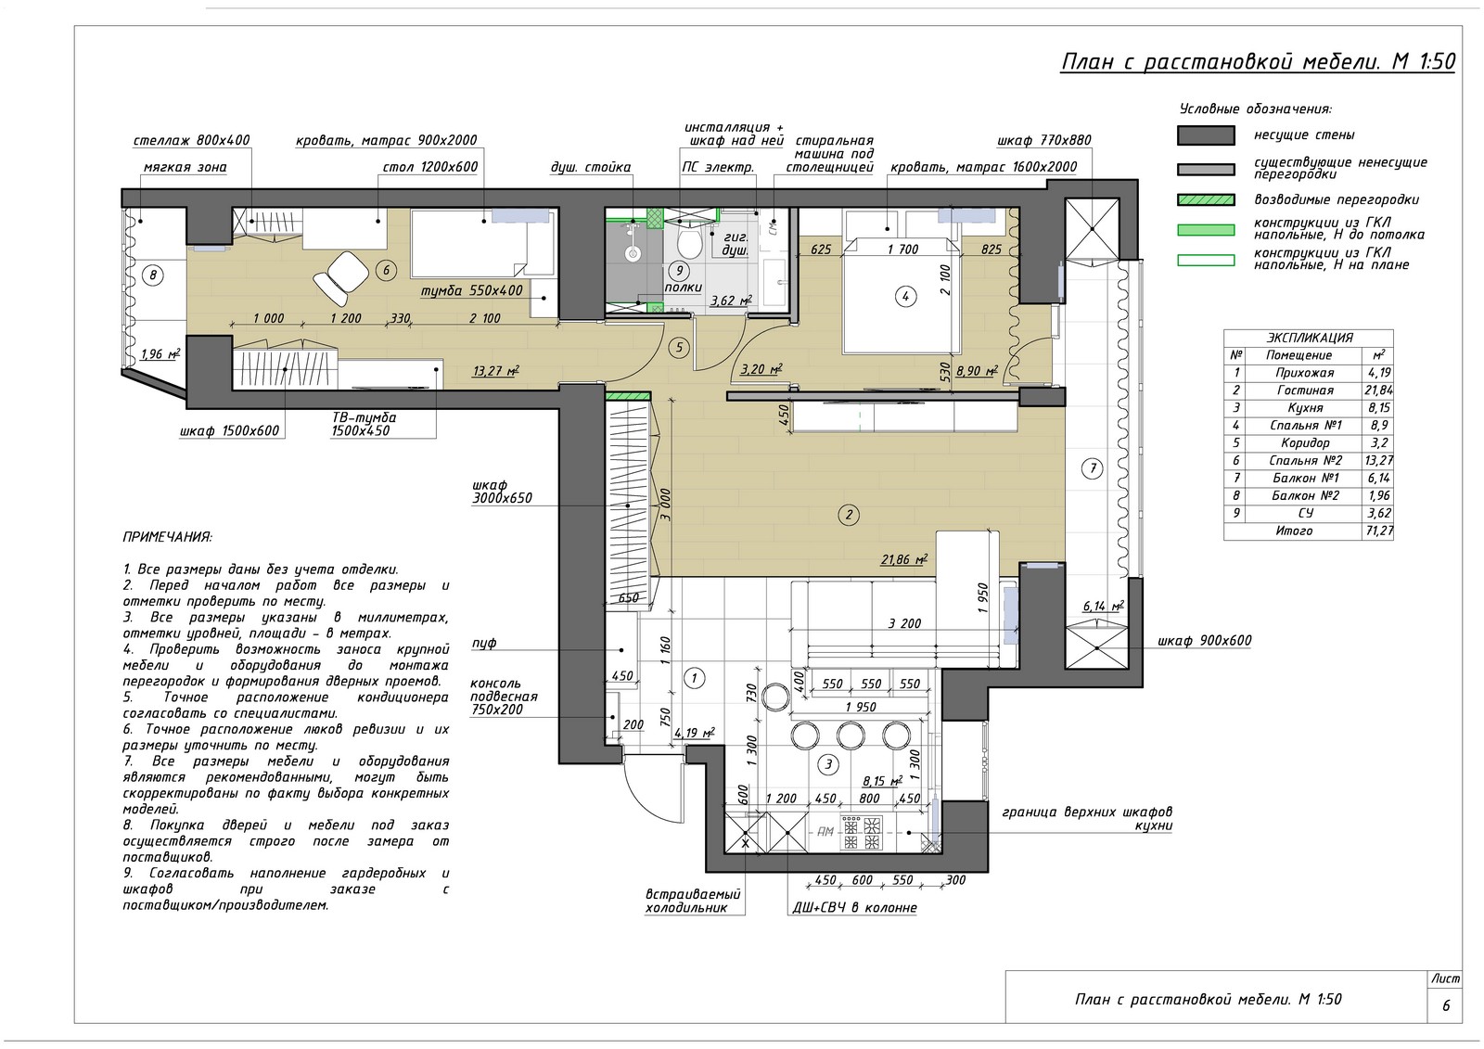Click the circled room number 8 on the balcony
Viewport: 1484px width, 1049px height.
[x=153, y=275]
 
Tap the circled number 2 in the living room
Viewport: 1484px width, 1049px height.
[x=848, y=514]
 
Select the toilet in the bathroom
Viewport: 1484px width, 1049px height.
[x=690, y=243]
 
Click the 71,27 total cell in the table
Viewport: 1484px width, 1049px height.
[x=1378, y=531]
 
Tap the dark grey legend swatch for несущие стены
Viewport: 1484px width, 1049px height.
[x=1206, y=135]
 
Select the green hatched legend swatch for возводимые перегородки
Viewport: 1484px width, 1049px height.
[x=1206, y=199]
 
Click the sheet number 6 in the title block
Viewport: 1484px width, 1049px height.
[x=1446, y=1006]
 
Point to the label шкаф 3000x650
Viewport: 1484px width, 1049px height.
[x=502, y=492]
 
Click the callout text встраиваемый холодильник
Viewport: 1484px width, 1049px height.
[x=693, y=902]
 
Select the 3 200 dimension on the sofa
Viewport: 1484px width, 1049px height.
[x=904, y=623]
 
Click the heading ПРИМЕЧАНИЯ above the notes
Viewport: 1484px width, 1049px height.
[x=168, y=537]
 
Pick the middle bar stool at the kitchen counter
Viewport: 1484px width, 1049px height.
[x=850, y=736]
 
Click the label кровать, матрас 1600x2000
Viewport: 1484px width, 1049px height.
[x=983, y=167]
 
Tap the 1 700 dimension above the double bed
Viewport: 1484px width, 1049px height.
[x=902, y=249]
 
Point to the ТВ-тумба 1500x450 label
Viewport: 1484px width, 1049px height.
[x=365, y=424]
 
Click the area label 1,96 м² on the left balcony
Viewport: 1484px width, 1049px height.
[x=160, y=354]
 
